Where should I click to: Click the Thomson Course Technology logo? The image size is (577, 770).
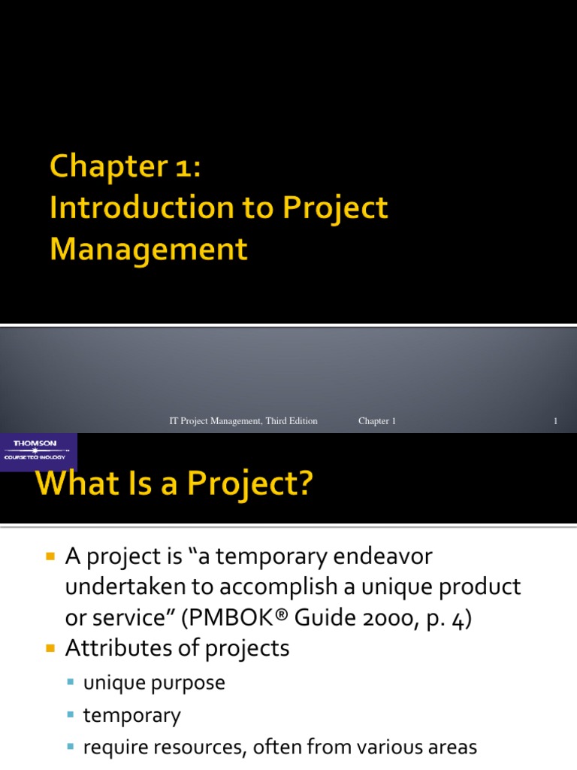coord(38,450)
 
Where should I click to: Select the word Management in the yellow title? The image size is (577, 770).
coord(148,249)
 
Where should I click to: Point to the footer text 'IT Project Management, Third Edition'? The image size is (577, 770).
coord(243,421)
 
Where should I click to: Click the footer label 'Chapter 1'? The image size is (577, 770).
coord(377,421)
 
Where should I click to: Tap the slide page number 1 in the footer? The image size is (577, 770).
coord(555,421)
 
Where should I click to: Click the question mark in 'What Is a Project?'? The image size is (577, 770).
coord(302,484)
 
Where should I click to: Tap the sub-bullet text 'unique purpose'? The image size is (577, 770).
coord(154,683)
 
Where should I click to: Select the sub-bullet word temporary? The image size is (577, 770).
coord(132,715)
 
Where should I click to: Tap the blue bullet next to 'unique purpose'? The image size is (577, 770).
coord(71,683)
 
